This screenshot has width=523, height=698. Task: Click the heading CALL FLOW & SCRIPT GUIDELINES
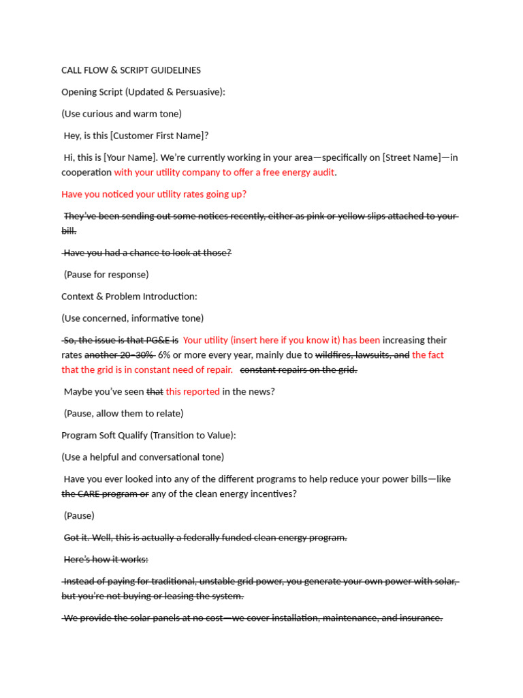coord(131,70)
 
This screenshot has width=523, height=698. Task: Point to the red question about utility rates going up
coord(154,194)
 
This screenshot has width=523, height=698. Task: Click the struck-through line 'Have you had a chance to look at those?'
coord(147,253)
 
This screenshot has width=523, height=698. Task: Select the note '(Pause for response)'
coord(106,275)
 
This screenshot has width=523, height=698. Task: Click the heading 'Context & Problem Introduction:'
coord(129,297)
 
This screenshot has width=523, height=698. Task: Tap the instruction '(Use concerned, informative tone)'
coord(132,318)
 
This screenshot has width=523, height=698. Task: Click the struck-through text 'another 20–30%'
coord(119,355)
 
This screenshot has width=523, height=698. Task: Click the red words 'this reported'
coord(193,392)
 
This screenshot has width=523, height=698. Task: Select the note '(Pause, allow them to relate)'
coord(123,414)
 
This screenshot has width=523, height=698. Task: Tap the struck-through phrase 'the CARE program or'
coord(105,494)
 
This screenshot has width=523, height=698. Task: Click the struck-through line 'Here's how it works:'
coord(106,560)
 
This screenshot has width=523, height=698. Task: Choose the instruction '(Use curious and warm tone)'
coord(121,114)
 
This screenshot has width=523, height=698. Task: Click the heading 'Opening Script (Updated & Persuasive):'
coord(143,92)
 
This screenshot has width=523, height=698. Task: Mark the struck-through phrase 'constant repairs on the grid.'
coord(299,370)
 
